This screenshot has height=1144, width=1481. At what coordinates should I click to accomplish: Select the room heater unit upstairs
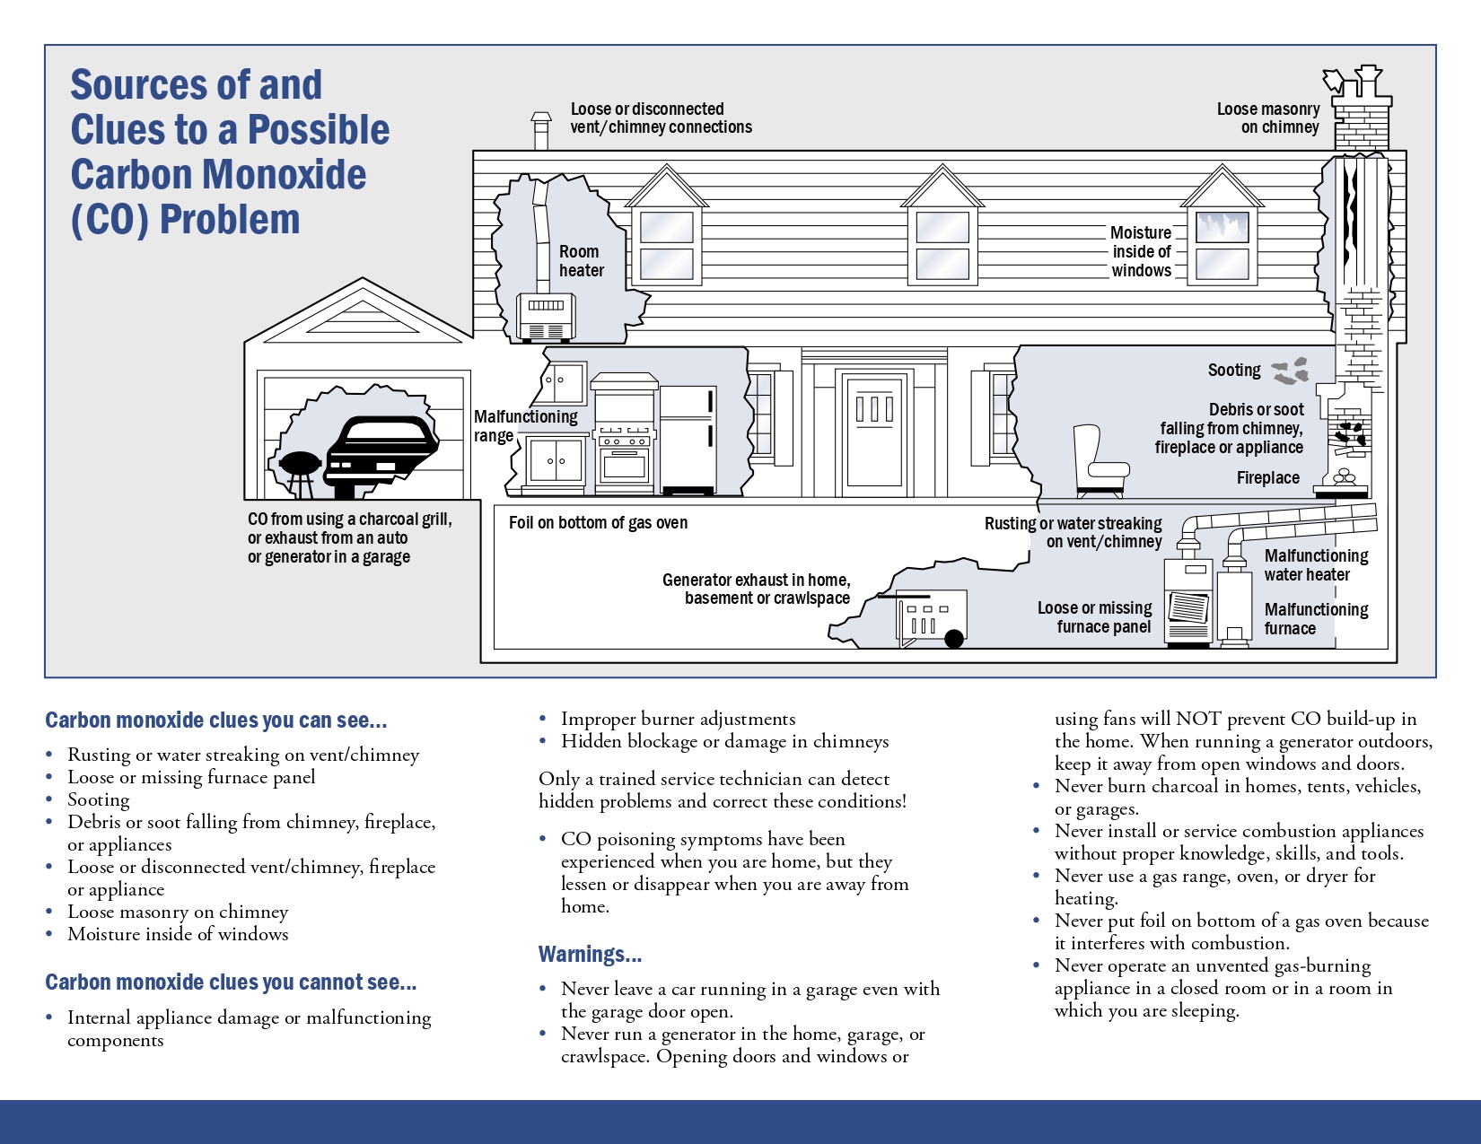pos(546,318)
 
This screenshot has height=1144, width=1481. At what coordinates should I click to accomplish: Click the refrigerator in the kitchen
pos(688,439)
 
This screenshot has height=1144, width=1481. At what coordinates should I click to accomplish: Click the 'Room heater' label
pos(581,261)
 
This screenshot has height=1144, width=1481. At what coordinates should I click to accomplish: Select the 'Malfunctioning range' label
pos(525,426)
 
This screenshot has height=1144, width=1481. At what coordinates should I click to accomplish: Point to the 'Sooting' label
pos(1234,370)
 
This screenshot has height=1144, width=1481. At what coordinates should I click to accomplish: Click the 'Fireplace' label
pos(1267,478)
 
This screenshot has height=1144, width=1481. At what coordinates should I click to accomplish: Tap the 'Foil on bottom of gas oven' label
pos(598,523)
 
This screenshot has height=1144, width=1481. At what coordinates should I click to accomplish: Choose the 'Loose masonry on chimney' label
pos(1267,118)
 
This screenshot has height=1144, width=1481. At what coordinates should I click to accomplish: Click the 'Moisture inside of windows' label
pos(1141,252)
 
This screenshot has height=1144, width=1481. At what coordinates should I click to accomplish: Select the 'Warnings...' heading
pos(590,954)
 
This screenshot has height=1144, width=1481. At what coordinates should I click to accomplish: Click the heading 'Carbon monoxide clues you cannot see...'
pos(231,982)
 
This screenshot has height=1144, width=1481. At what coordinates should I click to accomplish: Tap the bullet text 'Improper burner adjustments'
pos(678,719)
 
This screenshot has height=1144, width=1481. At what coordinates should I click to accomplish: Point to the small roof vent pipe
pos(541,131)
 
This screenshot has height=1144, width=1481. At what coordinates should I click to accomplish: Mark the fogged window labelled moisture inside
pos(1222,245)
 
